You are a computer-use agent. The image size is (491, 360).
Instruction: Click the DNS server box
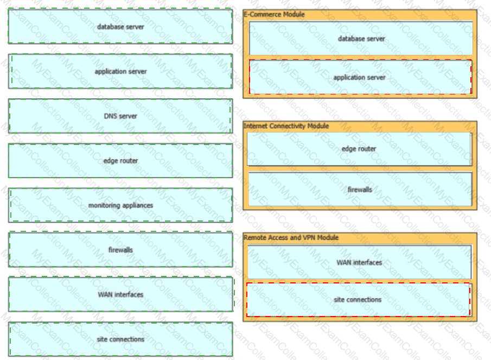120,116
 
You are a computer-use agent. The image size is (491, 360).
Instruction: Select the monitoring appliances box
120,205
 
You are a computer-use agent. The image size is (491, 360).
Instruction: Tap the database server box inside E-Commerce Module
361,39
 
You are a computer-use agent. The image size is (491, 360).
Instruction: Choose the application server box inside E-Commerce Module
360,77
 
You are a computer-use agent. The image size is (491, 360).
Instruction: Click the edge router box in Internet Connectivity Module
359,149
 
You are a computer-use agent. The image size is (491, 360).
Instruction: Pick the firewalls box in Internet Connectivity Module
360,190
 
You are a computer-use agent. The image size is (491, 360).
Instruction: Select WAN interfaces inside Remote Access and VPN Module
359,262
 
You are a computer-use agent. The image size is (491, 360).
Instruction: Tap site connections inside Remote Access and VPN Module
358,299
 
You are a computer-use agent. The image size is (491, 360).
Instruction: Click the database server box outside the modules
120,26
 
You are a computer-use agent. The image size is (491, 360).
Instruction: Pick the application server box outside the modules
120,71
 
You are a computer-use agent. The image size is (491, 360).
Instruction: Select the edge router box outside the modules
120,161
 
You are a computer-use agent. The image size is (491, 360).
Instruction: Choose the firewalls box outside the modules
120,250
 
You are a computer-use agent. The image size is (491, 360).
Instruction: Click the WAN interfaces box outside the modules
120,294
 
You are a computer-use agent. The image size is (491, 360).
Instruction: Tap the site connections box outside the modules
120,339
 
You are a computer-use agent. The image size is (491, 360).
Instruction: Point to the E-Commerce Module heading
274,14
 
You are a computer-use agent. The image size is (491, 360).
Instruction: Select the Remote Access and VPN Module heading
291,237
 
